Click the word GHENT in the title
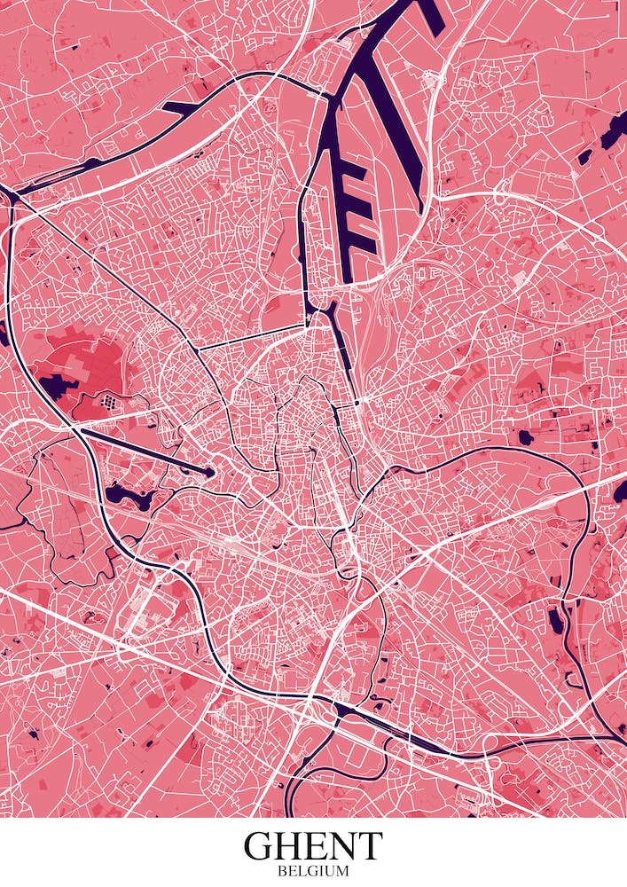pos(313,846)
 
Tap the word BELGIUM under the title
pos(313,872)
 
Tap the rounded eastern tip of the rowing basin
pos(208,473)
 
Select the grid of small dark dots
pos(110,402)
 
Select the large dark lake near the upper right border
pos(612,133)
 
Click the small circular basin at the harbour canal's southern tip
pos(357,403)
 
